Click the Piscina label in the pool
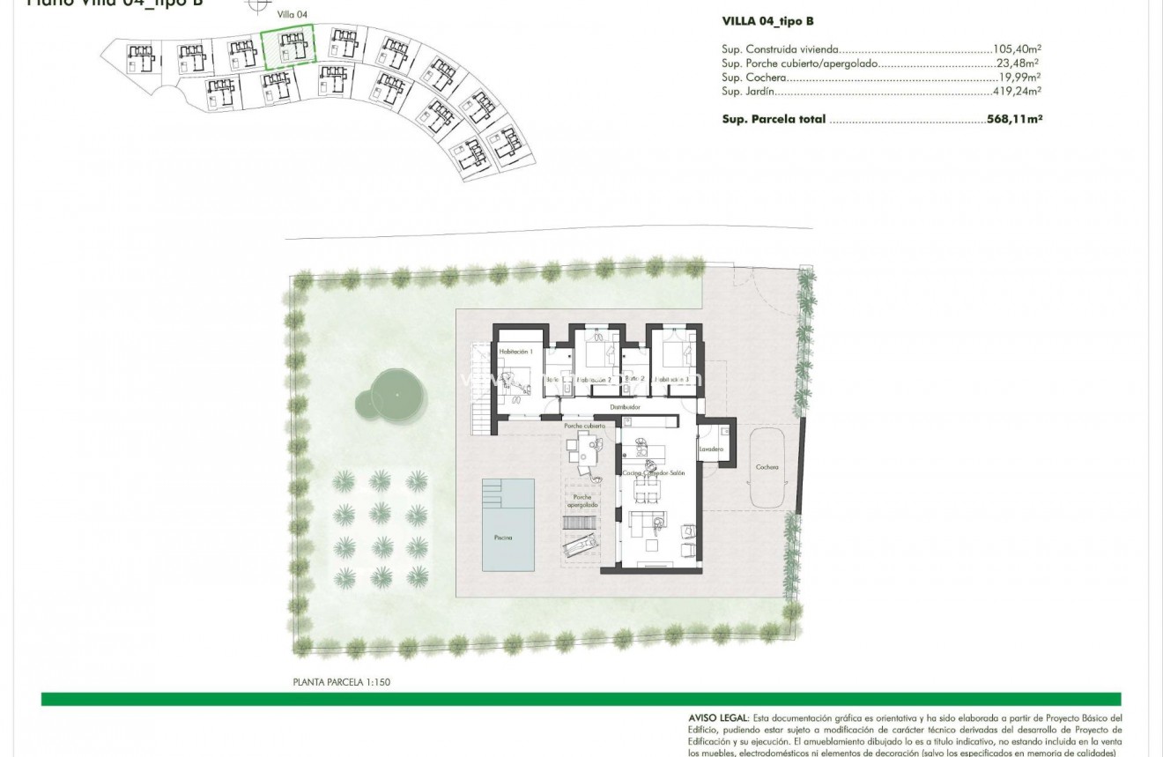click(x=502, y=538)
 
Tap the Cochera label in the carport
click(x=767, y=468)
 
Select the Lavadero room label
click(x=711, y=449)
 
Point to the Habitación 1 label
click(x=516, y=352)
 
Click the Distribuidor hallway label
click(x=625, y=408)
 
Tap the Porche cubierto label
click(x=585, y=426)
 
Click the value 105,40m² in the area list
click(x=1019, y=50)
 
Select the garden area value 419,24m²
click(x=1017, y=91)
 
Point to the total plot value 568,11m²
click(x=1014, y=119)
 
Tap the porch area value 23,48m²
click(x=1017, y=63)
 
